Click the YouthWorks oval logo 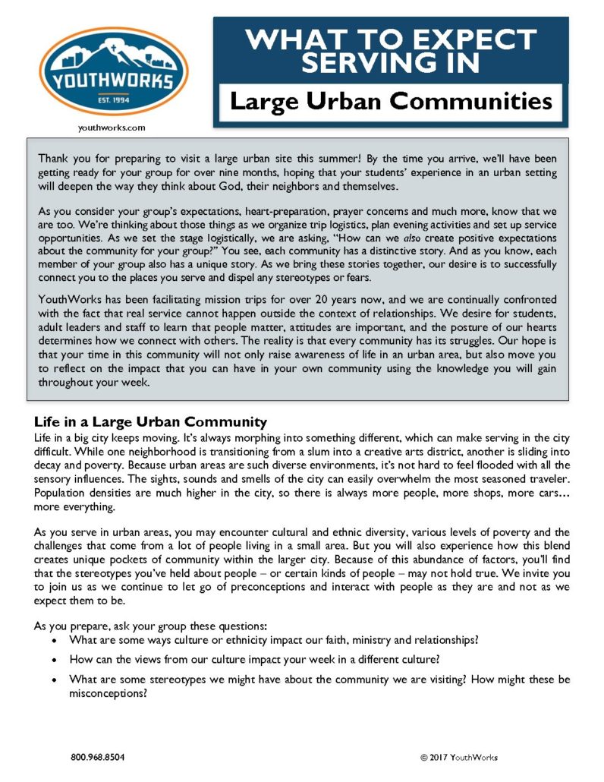point(114,71)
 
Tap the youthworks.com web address point(112,128)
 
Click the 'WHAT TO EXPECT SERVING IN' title point(390,51)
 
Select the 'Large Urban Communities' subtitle point(390,101)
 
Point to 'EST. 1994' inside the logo point(114,98)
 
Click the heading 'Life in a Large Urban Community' point(150,421)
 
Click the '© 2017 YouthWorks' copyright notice point(458,757)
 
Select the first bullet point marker point(52,640)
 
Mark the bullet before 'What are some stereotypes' point(52,680)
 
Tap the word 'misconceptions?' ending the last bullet point(108,693)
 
